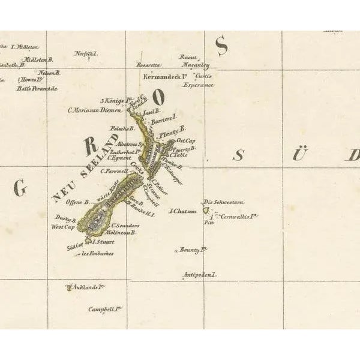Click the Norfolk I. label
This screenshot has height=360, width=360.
(x=86, y=53)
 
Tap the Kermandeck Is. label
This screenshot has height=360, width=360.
(x=166, y=76)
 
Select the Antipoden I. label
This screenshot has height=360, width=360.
(x=199, y=275)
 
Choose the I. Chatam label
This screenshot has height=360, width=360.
(x=184, y=211)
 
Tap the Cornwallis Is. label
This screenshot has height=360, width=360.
(x=239, y=216)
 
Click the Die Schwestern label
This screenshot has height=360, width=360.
(x=224, y=202)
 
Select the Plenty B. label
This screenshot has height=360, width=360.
(x=173, y=128)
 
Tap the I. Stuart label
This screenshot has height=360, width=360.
(x=102, y=241)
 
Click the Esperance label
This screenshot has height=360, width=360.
(x=198, y=85)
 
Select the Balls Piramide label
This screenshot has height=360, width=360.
(x=37, y=88)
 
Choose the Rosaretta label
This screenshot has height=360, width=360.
(x=149, y=64)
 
